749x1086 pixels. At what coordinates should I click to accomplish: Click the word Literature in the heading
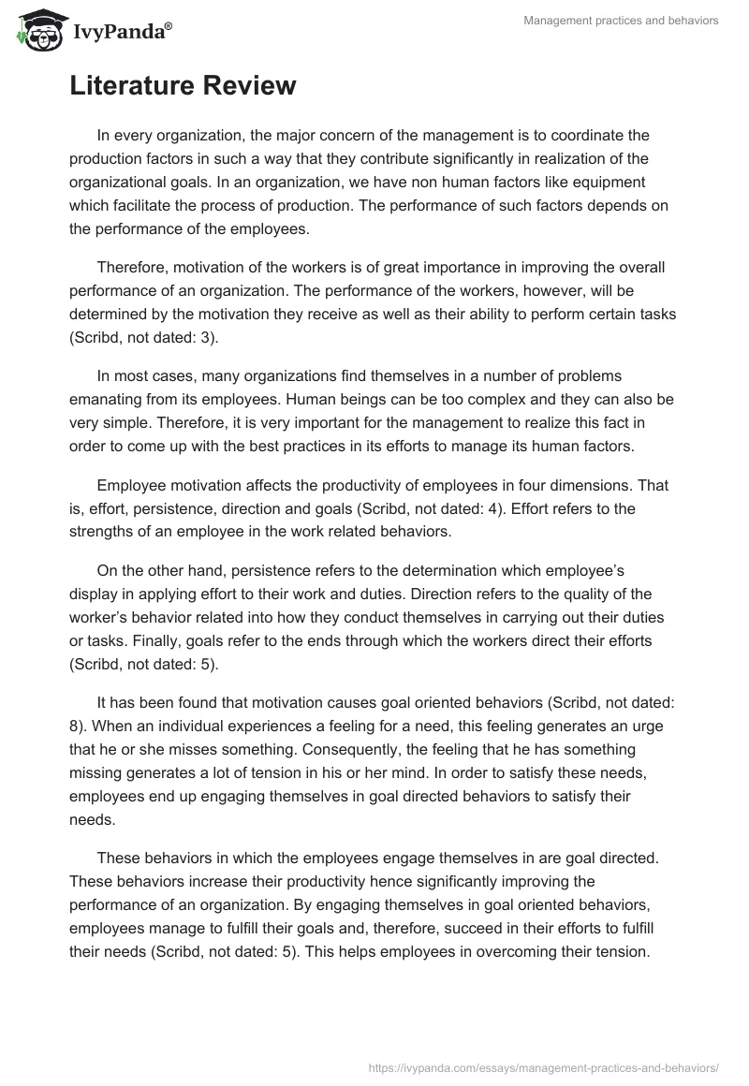click(135, 86)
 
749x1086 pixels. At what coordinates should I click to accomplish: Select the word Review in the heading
click(253, 86)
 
